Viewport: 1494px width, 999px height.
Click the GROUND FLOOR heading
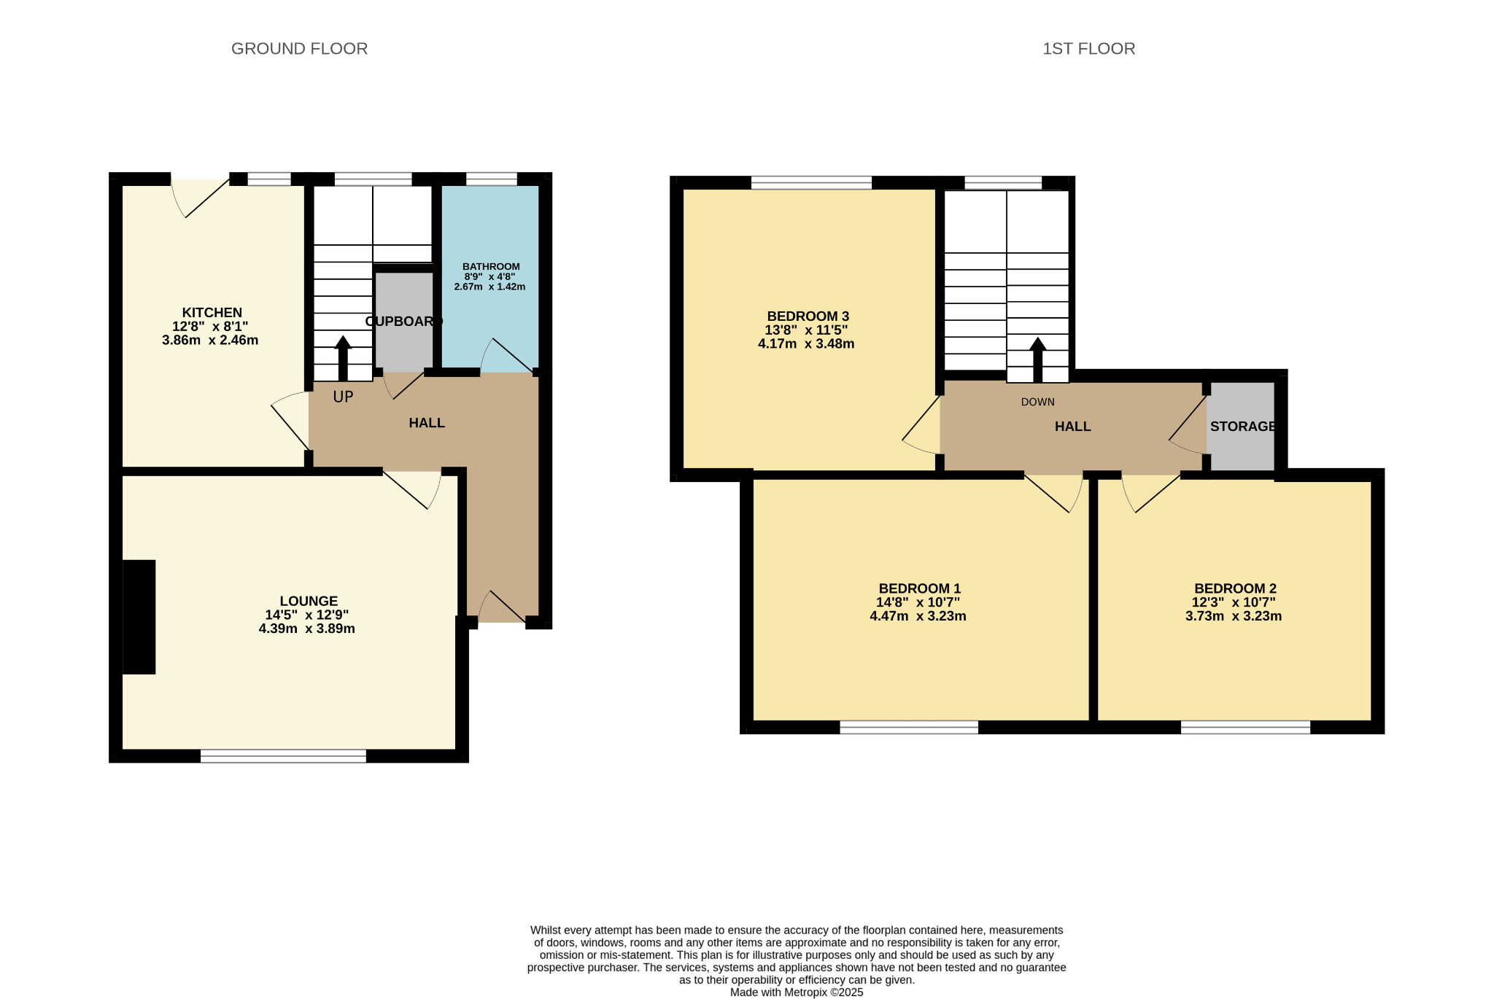pyautogui.click(x=299, y=49)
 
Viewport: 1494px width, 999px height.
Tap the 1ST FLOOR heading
pyautogui.click(x=1088, y=49)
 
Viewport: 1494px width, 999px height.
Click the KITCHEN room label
pyautogui.click(x=212, y=313)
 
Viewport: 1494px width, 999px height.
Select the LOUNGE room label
pyautogui.click(x=309, y=601)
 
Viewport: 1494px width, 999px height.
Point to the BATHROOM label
pyautogui.click(x=491, y=267)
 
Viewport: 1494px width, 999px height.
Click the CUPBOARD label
pyautogui.click(x=403, y=322)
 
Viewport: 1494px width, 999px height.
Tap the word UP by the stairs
pyautogui.click(x=343, y=397)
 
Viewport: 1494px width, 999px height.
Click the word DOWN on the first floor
pyautogui.click(x=1037, y=402)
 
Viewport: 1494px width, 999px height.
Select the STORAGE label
pyautogui.click(x=1243, y=427)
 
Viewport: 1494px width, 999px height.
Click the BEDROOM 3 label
pyautogui.click(x=808, y=316)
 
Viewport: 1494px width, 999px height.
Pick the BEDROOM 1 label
pyautogui.click(x=919, y=588)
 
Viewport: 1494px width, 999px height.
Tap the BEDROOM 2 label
pyautogui.click(x=1235, y=588)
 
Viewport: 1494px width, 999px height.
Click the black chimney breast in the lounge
pyautogui.click(x=139, y=617)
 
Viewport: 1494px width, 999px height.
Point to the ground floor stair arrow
pyautogui.click(x=343, y=358)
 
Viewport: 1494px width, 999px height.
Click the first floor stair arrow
pyautogui.click(x=1037, y=359)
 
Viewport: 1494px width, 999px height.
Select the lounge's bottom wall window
pyautogui.click(x=283, y=756)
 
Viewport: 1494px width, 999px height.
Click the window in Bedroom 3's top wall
pyautogui.click(x=811, y=182)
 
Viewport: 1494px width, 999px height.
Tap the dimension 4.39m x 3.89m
pyautogui.click(x=306, y=629)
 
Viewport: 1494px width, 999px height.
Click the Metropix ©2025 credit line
pyautogui.click(x=797, y=992)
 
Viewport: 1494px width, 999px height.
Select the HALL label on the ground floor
pyautogui.click(x=427, y=423)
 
